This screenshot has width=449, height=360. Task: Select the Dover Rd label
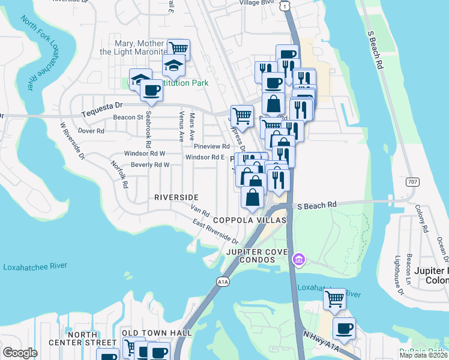point(91,130)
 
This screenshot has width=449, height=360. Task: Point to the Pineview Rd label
point(211,146)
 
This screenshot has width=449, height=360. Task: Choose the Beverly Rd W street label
point(150,164)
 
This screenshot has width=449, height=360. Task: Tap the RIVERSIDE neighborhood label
point(176,197)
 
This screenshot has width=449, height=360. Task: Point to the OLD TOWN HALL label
point(157,333)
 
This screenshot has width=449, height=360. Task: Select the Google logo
point(20,353)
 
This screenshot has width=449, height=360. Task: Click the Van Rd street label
point(199,211)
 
